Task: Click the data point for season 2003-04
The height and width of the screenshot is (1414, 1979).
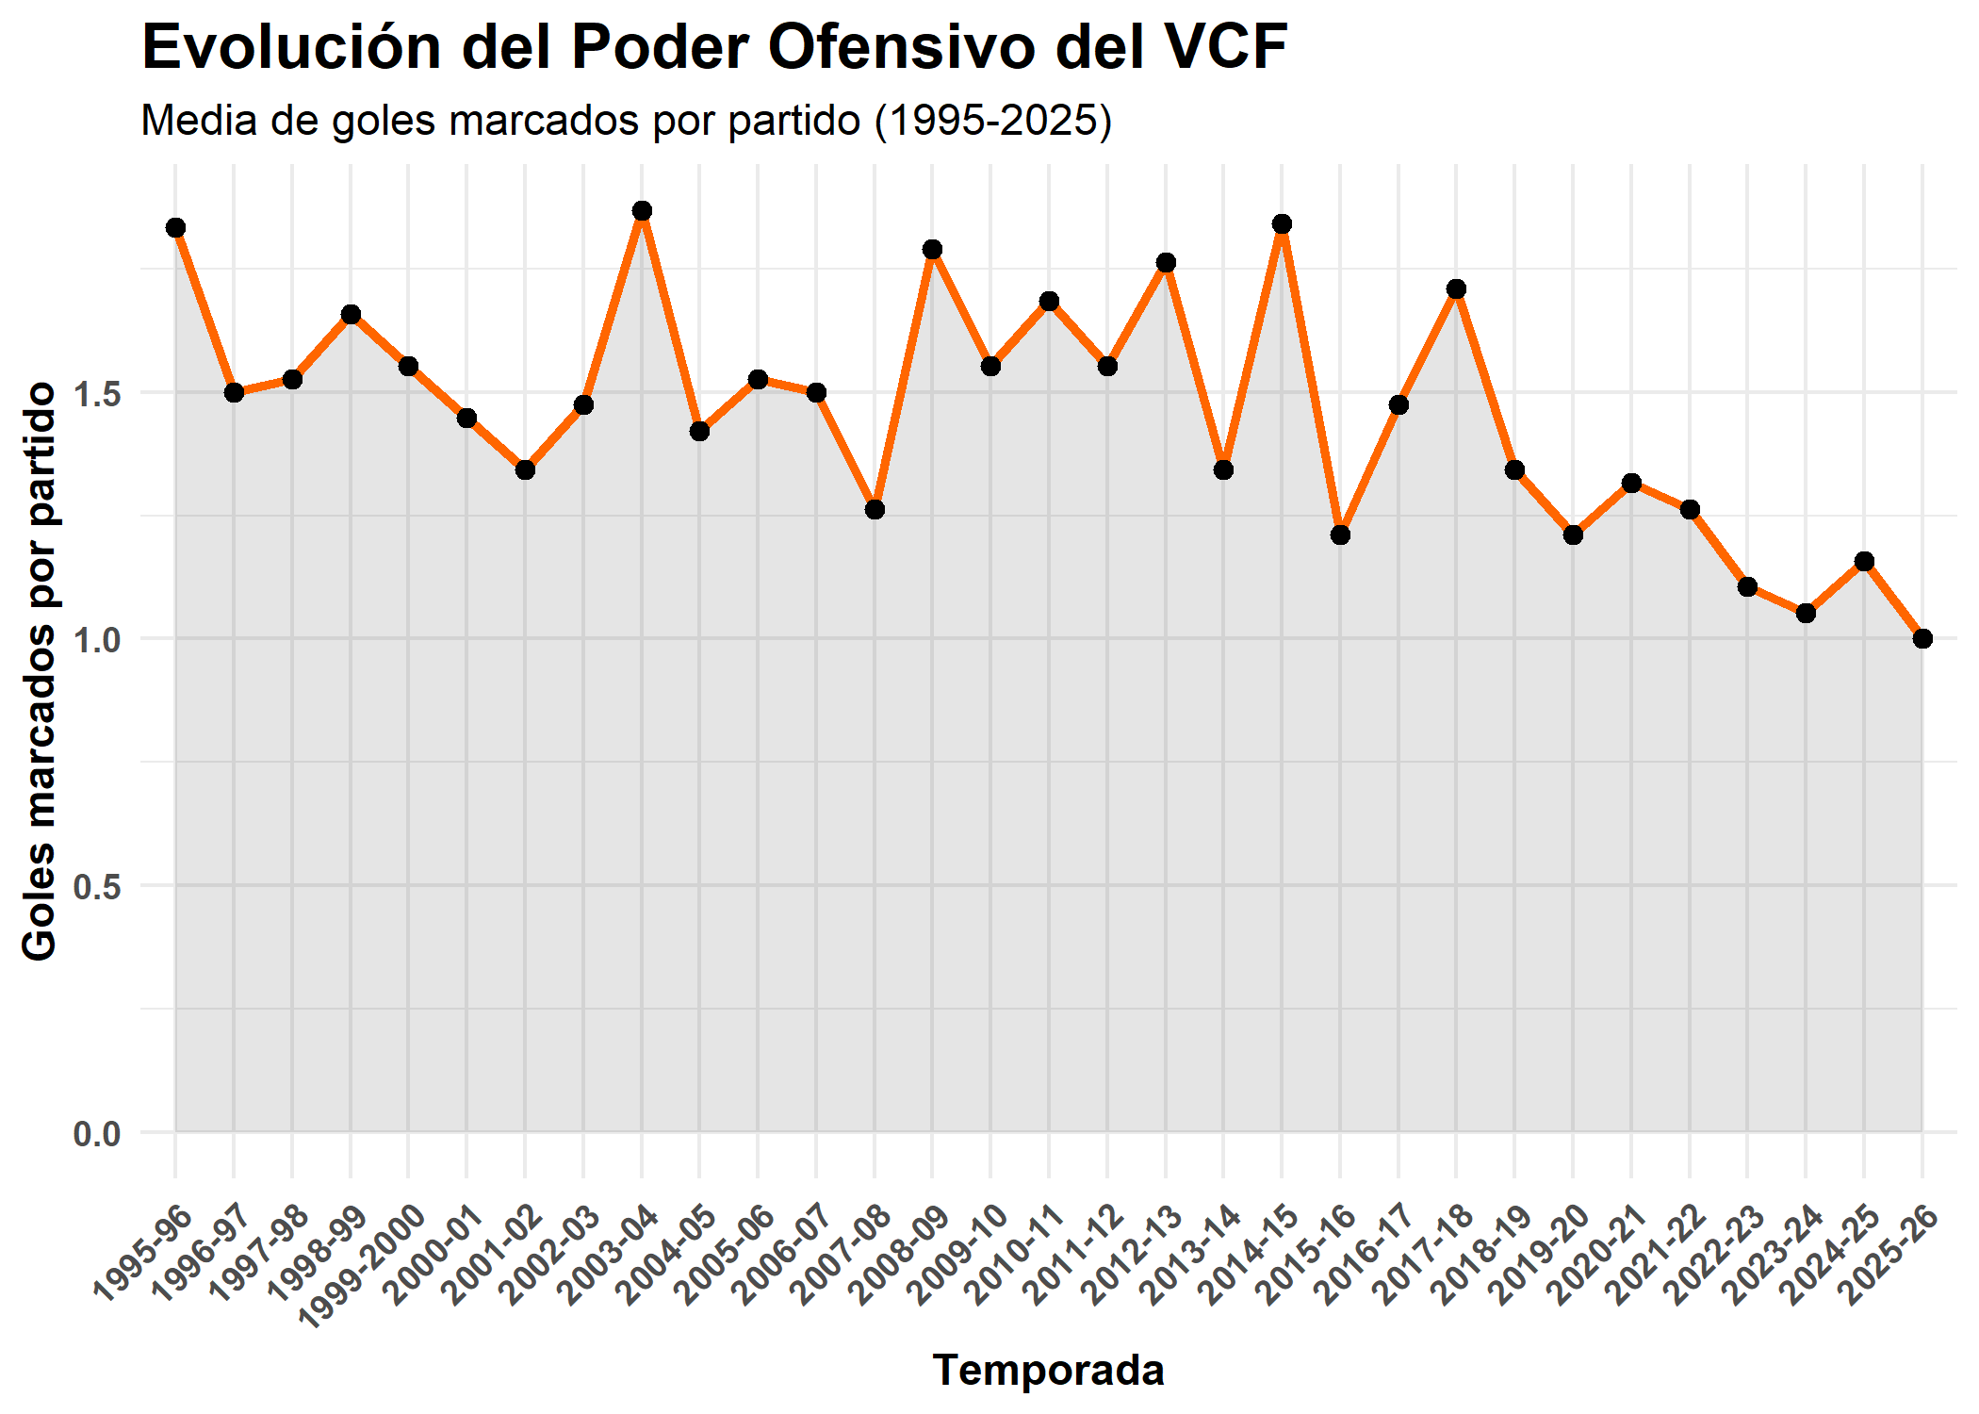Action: (642, 211)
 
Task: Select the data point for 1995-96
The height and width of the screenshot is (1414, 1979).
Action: (175, 228)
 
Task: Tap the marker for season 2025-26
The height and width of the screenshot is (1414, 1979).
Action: (1922, 639)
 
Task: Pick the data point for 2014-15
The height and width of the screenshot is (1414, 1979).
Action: (1282, 224)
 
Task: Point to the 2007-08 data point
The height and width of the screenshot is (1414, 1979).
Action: (875, 510)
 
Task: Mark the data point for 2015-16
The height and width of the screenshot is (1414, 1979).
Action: (1340, 535)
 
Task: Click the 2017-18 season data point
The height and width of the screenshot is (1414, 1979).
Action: (1456, 289)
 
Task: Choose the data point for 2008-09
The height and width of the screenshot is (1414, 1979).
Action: (933, 250)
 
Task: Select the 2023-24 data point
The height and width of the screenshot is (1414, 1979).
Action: (1806, 614)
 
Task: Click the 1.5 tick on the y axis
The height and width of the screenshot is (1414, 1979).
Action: (97, 394)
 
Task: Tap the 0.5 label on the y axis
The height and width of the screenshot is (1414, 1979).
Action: (97, 887)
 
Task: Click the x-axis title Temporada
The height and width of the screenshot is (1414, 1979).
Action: (1048, 1370)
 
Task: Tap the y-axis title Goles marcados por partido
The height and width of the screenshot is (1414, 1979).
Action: (40, 671)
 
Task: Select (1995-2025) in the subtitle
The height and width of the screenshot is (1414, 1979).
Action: (993, 121)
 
